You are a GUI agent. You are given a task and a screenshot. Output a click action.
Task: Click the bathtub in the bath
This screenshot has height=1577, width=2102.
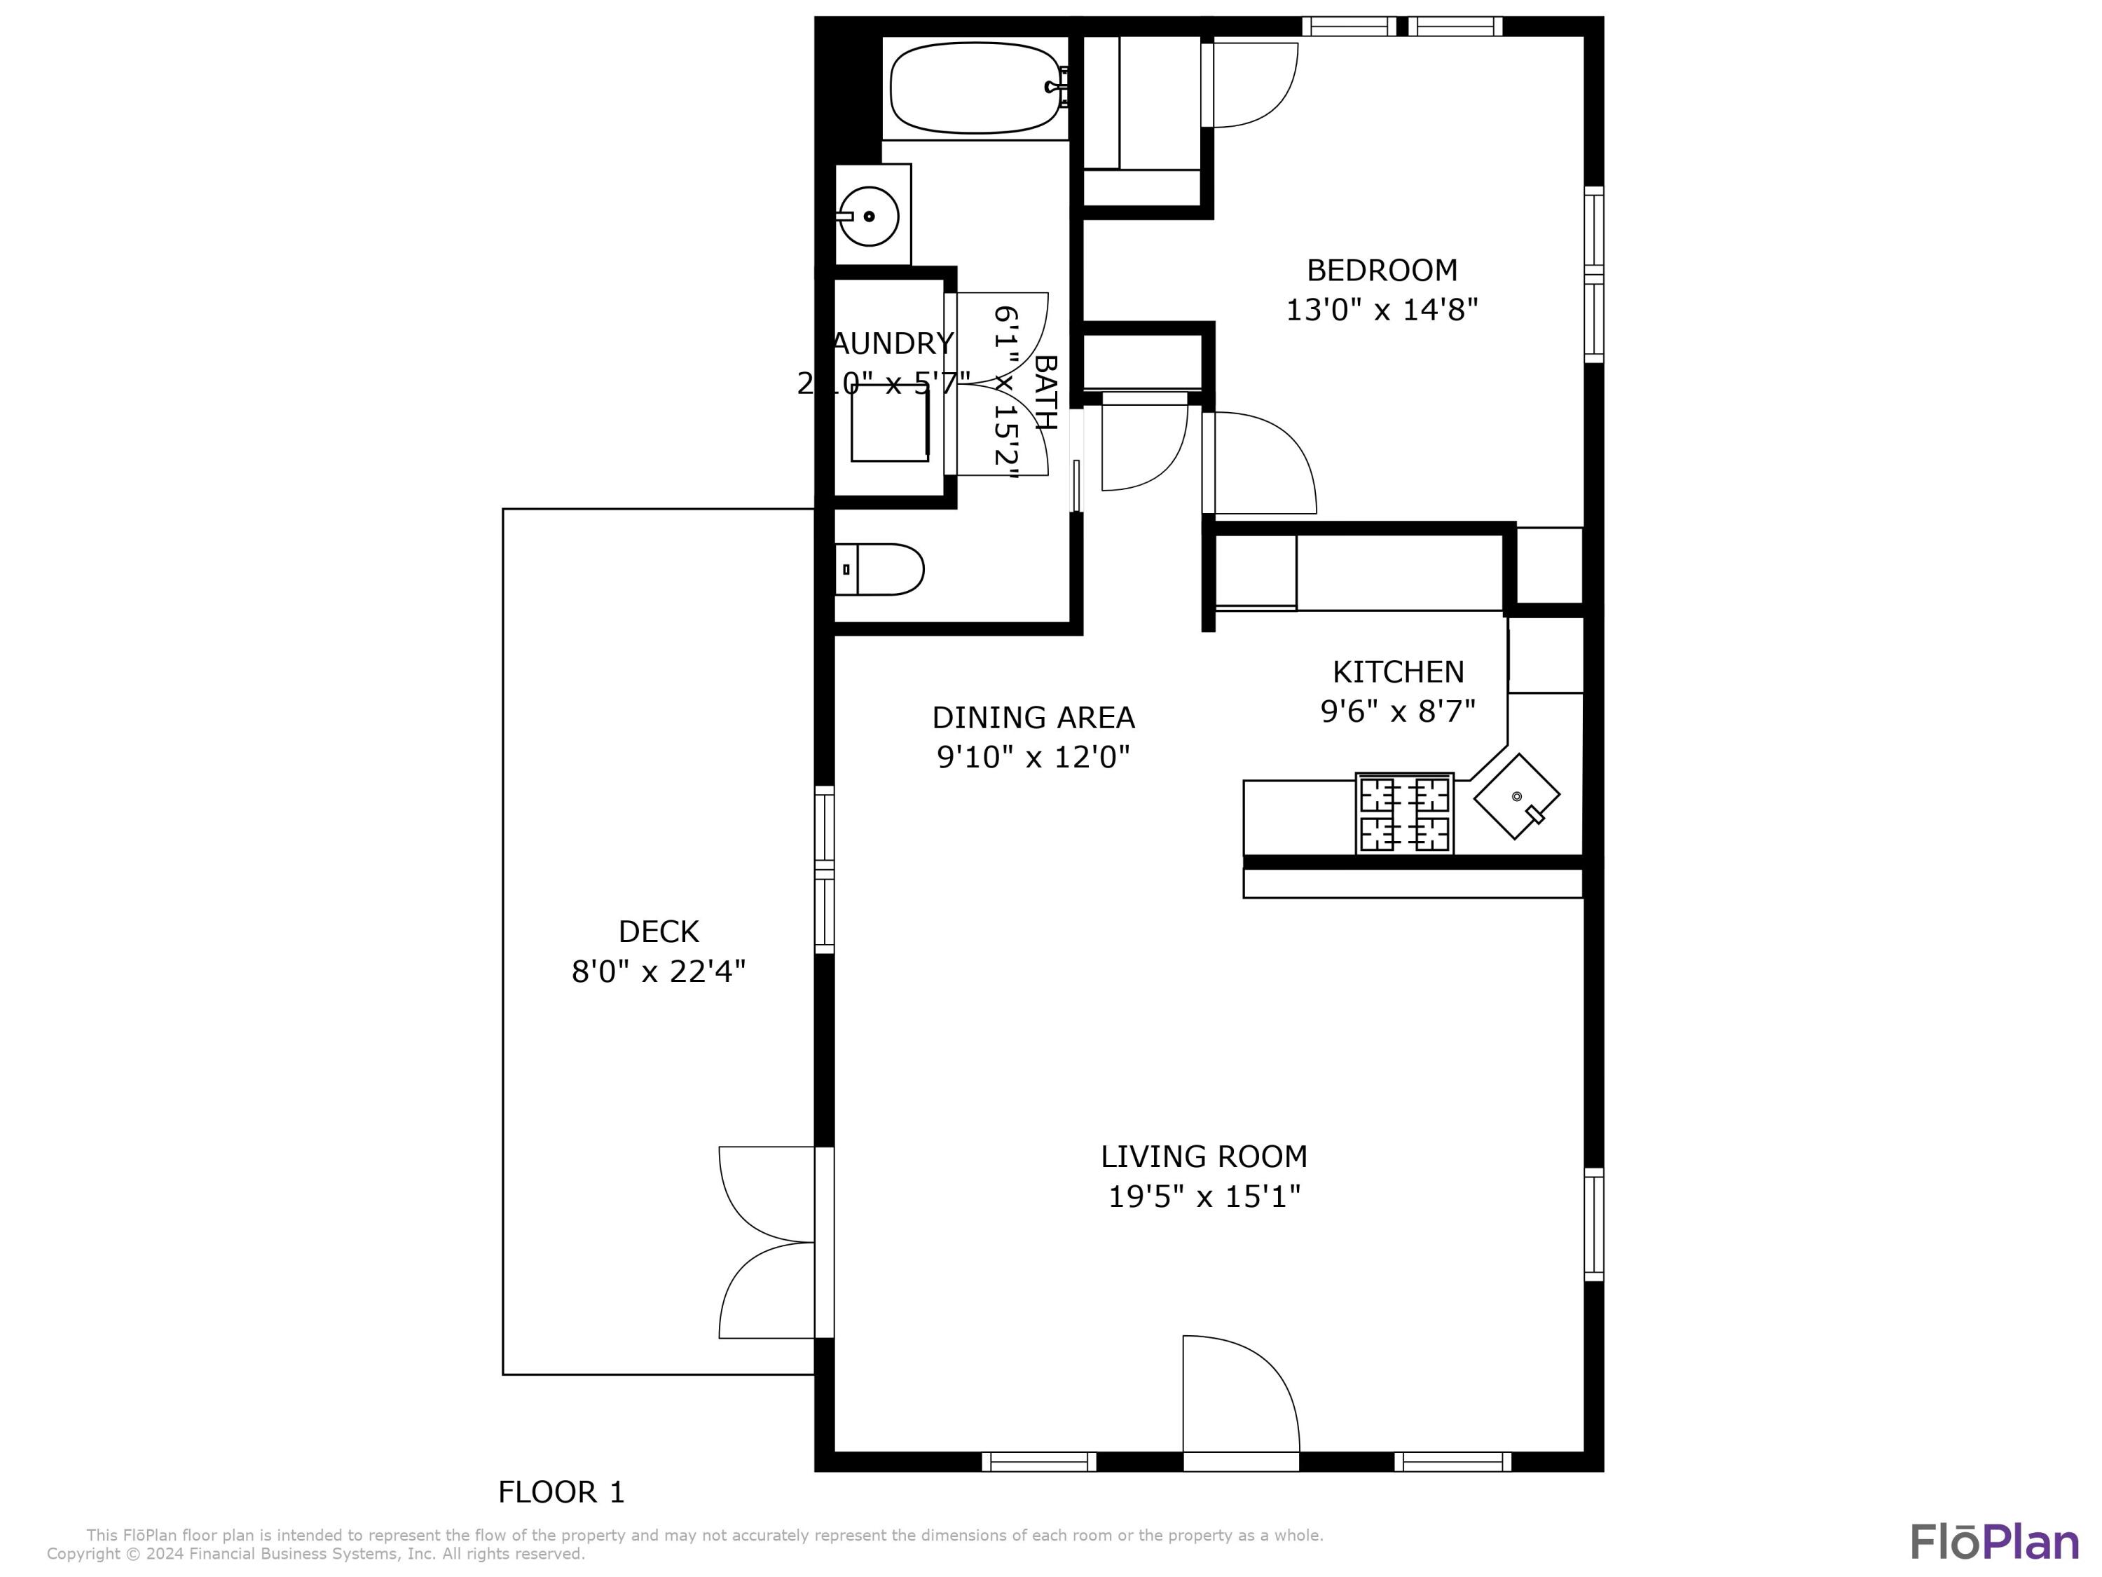975,88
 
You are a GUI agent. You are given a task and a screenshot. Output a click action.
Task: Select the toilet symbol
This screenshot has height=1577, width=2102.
880,569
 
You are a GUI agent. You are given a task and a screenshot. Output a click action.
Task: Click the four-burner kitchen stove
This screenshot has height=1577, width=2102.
1403,814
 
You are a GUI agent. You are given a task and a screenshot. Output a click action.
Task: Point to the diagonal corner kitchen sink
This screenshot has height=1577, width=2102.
1516,797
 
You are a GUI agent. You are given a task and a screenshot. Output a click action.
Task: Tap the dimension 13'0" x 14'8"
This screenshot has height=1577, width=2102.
1382,310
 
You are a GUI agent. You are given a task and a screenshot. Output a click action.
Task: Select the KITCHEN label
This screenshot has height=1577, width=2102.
1398,672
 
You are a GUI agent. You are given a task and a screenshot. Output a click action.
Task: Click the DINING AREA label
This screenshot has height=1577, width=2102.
1033,718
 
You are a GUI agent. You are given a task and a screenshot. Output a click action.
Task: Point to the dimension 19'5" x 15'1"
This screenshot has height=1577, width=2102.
1204,1196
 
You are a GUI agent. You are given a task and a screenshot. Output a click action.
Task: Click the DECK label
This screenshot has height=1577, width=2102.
659,931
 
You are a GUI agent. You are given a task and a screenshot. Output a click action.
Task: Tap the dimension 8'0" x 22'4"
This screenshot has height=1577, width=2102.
659,971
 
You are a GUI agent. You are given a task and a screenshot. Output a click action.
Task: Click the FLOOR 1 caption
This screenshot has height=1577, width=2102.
562,1492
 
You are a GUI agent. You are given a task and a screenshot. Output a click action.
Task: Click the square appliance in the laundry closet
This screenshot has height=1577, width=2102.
889,424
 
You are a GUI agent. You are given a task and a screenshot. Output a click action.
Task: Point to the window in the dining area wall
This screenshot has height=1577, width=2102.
825,869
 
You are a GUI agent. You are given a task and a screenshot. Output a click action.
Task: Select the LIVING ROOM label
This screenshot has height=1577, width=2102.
1204,1157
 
